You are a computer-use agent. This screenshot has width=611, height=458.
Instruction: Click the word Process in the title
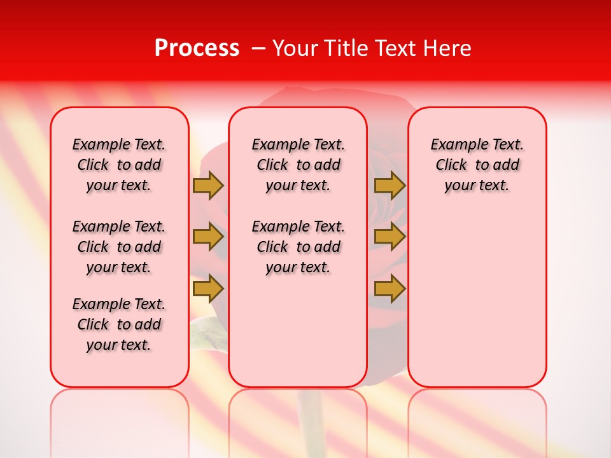[196, 48]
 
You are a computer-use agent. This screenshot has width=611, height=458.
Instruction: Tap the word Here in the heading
[448, 48]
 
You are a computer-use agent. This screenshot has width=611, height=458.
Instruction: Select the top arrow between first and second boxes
[208, 186]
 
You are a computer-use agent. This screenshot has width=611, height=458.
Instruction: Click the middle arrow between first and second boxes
[208, 237]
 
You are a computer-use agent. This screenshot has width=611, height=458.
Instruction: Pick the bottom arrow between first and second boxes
[208, 289]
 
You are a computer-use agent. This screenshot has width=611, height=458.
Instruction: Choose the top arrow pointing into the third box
[390, 186]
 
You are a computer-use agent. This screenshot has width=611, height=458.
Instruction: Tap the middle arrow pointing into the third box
[390, 237]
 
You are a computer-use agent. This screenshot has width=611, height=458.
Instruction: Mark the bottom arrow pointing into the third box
[390, 289]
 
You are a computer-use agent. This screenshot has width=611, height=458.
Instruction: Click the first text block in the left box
[119, 165]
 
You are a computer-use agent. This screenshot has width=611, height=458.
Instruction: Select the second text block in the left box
[119, 247]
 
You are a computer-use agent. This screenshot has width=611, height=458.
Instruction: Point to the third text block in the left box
[119, 324]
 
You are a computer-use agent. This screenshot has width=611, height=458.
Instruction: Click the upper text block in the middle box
[298, 165]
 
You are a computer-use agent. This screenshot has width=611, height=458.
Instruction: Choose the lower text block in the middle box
[298, 247]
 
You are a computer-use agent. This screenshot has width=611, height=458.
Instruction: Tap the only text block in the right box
[477, 165]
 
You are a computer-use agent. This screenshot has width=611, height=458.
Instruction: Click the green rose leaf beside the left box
[205, 332]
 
